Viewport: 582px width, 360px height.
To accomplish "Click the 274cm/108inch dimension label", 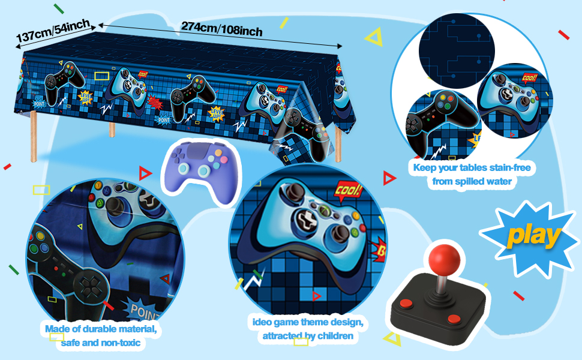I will [221, 28].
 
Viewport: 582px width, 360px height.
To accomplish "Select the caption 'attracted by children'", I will [307, 335].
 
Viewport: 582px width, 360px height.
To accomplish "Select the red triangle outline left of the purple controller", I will [145, 174].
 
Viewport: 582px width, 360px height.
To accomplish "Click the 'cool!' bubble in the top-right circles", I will [529, 79].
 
